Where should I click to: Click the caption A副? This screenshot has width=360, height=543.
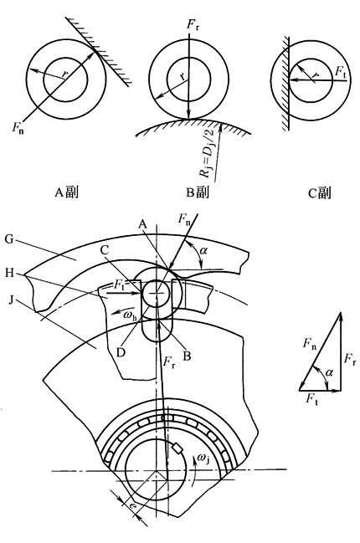coord(66,192)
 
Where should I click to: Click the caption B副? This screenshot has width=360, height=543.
coord(197,192)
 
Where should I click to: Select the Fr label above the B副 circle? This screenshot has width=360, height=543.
coord(193,25)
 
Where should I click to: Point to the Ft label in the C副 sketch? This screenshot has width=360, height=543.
coord(340,72)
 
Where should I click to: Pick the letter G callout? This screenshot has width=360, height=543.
coord(9,239)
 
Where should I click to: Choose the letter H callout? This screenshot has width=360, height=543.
coord(10,274)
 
